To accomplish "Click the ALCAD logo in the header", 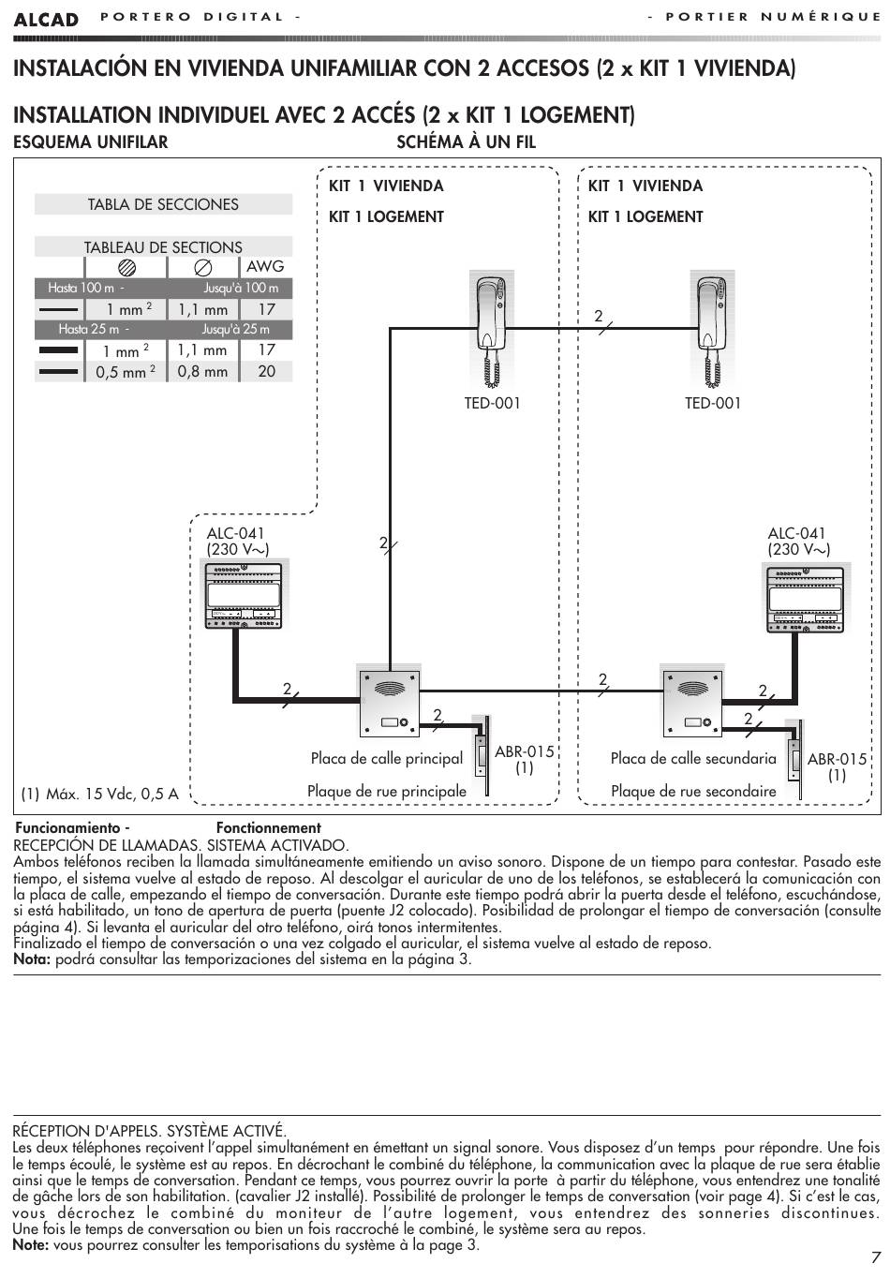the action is [x=46, y=20].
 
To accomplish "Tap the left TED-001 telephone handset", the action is [x=491, y=330].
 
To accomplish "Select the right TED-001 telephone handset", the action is [x=712, y=330].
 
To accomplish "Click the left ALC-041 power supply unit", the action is [x=244, y=596].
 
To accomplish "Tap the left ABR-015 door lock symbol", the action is [x=483, y=755].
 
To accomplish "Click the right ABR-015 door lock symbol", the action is [x=794, y=759].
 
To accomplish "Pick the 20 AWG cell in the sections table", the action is [x=266, y=371].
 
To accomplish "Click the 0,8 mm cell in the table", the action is [x=202, y=371].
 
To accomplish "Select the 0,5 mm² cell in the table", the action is [x=126, y=372].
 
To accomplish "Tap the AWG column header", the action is [x=265, y=266].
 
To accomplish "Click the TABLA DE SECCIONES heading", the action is [x=163, y=204].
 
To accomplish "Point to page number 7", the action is [x=876, y=1256].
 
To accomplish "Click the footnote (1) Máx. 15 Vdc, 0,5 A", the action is [x=100, y=794].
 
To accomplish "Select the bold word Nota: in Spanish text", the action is [x=33, y=959].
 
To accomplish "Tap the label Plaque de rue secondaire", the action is [x=693, y=791].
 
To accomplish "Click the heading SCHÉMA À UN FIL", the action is [x=467, y=142].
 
